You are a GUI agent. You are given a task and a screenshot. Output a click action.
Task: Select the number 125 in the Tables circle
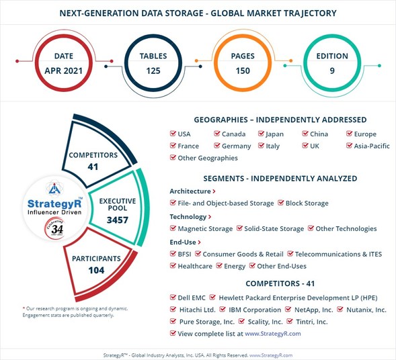(x=155, y=71)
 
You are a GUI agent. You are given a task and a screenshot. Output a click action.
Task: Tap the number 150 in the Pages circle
(x=242, y=71)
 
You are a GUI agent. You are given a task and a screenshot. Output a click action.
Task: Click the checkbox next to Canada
(x=218, y=134)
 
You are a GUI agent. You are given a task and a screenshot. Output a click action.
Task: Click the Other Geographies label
(x=207, y=158)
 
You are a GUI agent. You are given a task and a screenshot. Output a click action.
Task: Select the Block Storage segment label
(x=307, y=203)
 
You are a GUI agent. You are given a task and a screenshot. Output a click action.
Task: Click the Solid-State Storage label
(x=274, y=228)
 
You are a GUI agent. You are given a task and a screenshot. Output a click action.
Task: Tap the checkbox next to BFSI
(x=173, y=255)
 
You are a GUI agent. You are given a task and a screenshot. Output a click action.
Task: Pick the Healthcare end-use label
(x=195, y=266)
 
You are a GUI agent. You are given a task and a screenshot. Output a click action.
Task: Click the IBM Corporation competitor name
(x=254, y=310)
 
